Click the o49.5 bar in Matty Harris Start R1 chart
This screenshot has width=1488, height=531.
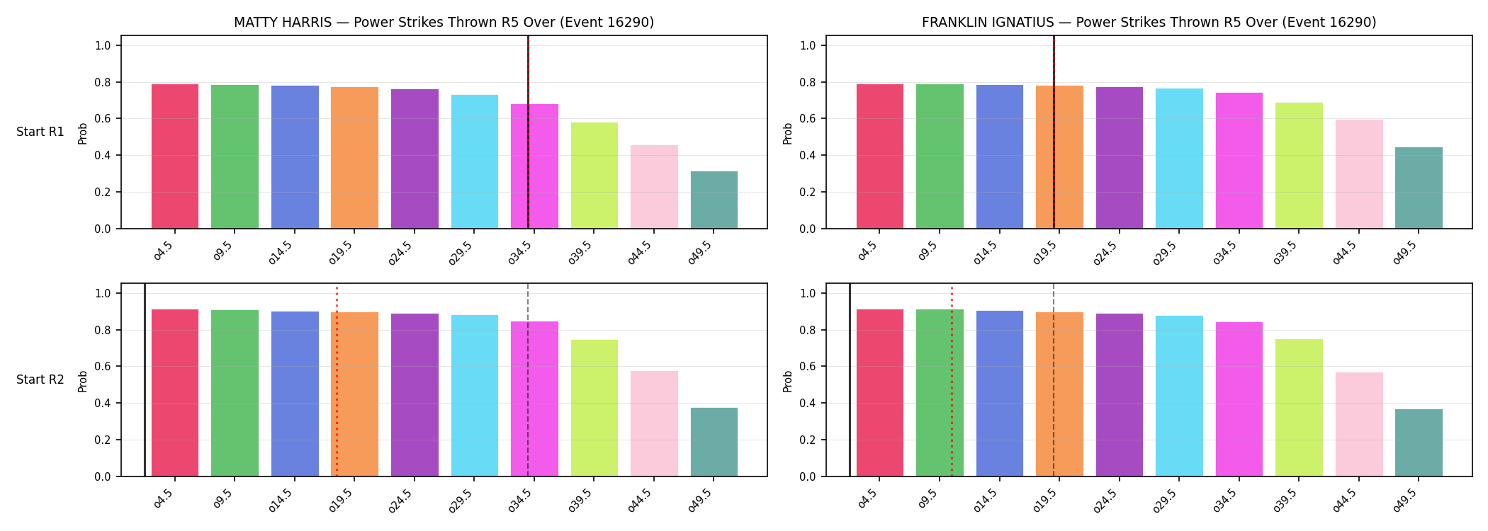pos(714,200)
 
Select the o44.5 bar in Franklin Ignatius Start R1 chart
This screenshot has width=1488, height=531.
pos(1359,174)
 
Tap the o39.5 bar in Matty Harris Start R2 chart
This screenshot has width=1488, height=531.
pos(594,408)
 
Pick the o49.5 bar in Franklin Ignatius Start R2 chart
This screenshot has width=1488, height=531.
pos(1419,442)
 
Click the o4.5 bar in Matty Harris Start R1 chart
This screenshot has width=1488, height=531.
pos(175,156)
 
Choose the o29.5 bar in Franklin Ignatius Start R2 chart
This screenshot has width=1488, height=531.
pos(1179,396)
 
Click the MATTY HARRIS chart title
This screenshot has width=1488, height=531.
pos(444,22)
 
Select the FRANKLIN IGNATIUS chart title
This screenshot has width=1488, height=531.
pos(1149,22)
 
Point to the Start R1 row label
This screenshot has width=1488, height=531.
pos(40,132)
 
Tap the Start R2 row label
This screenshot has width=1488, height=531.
pos(40,379)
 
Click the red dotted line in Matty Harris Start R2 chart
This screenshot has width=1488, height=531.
pos(337,380)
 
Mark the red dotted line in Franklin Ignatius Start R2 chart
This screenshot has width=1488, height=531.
pos(952,380)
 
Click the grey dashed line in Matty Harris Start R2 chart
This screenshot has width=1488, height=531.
pos(528,380)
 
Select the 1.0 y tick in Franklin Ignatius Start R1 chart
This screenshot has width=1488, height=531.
pos(808,45)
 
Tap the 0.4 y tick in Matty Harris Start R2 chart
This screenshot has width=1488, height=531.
pos(103,404)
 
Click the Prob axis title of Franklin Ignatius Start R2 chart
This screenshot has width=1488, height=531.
pos(788,381)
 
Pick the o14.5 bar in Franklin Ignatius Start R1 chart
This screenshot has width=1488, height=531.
pos(1000,156)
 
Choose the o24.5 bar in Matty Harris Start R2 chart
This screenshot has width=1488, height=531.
pos(415,395)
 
